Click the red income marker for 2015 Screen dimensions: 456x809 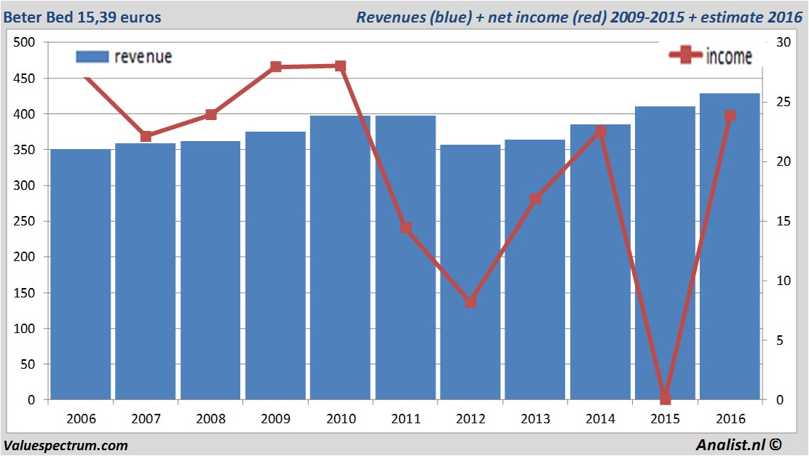click(665, 399)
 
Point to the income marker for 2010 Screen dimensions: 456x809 click(341, 65)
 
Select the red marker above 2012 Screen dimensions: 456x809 click(470, 302)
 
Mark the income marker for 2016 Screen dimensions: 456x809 click(730, 116)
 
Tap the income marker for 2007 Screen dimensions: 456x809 click(146, 136)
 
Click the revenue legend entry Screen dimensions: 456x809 click(124, 57)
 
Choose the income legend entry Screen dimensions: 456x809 click(711, 56)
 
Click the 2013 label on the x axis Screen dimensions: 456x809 click(535, 419)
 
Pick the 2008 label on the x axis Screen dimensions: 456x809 click(210, 419)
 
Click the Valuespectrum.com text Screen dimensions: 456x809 click(66, 445)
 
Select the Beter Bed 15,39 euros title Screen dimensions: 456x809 click(82, 17)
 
